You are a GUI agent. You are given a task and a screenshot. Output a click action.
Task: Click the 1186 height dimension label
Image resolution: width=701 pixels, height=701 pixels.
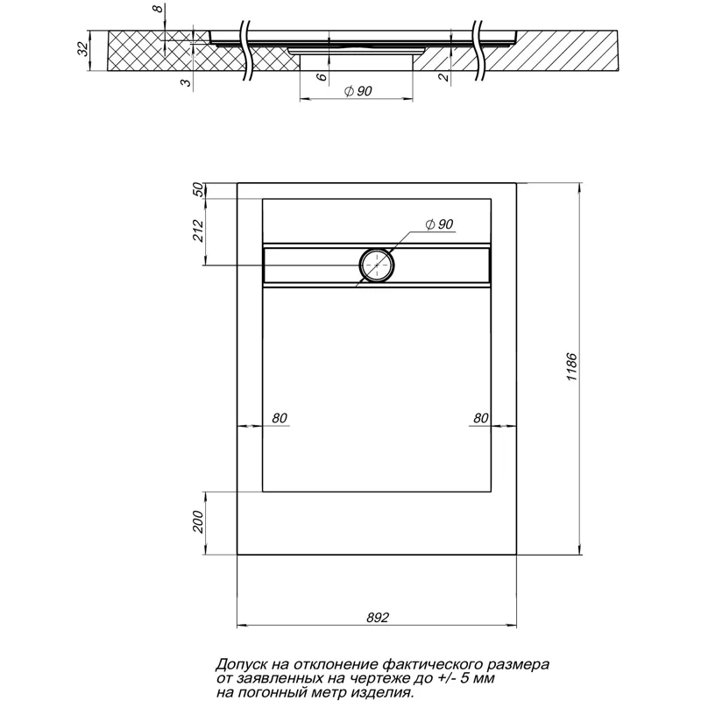point(570,367)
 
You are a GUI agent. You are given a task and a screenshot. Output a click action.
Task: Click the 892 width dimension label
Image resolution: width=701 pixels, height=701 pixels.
point(378,617)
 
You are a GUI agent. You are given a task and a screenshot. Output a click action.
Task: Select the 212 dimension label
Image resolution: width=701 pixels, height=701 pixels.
point(198,231)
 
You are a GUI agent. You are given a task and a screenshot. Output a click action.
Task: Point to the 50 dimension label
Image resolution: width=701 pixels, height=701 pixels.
point(198,190)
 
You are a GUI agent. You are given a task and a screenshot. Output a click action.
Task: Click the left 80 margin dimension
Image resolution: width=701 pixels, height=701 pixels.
point(279,418)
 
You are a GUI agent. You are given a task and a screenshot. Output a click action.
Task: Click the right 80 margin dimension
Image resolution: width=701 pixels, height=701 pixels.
point(480,418)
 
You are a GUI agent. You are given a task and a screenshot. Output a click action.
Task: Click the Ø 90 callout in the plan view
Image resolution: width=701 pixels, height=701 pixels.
point(438,225)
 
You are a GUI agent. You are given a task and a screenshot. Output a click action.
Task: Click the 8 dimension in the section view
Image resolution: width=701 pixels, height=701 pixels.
point(158,11)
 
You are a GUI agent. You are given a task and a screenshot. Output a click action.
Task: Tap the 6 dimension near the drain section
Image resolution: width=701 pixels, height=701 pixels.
point(322,77)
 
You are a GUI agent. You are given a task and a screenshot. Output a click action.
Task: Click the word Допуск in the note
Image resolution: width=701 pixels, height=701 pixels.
point(241,665)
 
